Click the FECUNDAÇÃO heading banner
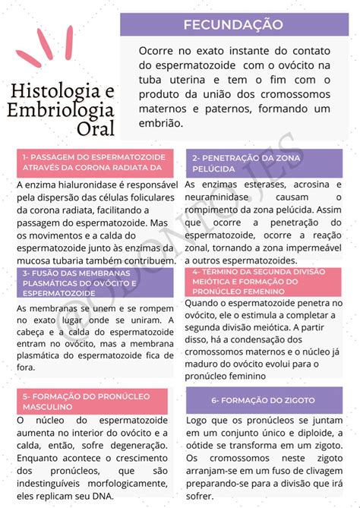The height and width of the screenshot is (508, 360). pyautogui.click(x=238, y=25)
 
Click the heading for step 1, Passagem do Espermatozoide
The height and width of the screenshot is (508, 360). pyautogui.click(x=93, y=161)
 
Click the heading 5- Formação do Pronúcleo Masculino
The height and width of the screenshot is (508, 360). pyautogui.click(x=93, y=401)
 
